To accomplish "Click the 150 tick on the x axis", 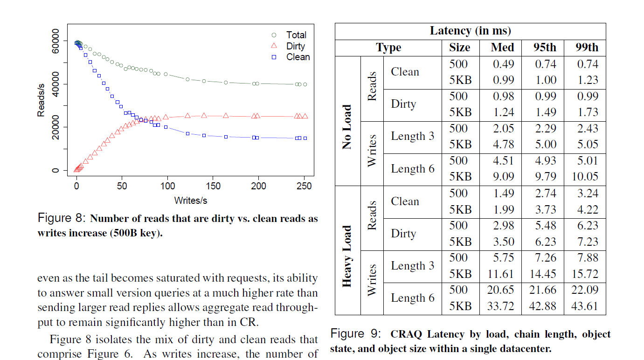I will [213, 186].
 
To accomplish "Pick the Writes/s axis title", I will [190, 201].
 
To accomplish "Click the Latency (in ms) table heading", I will [470, 31].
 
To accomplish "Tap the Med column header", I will [502, 48].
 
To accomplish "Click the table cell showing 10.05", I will [585, 177].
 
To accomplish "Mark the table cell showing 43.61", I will [585, 306].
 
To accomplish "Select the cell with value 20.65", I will [500, 290].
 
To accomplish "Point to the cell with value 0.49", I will [504, 64].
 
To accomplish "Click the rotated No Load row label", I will [347, 127].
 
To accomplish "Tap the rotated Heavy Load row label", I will [347, 256].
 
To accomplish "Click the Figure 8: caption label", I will [62, 218].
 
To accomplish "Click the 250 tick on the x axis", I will [304, 186].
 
